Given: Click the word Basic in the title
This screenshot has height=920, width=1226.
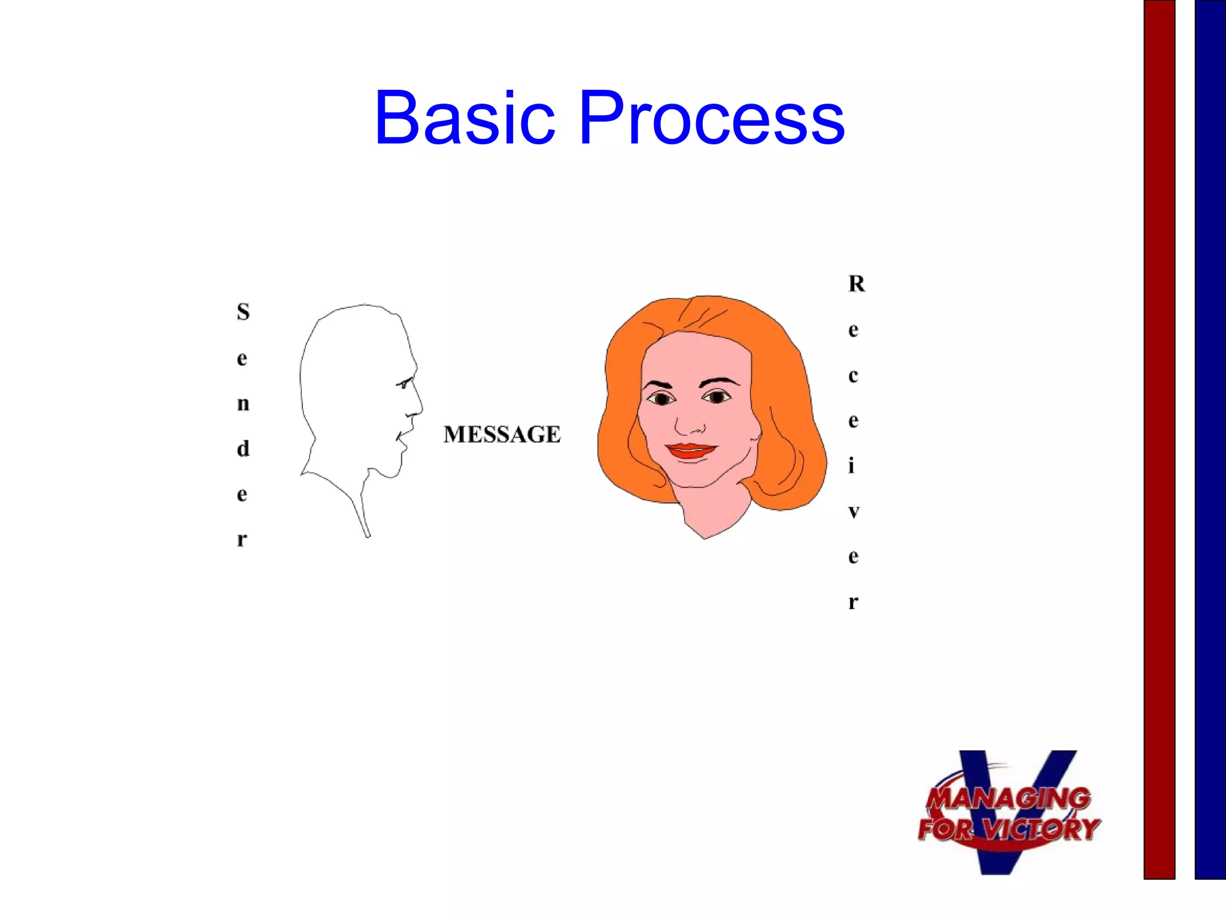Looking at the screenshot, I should (465, 119).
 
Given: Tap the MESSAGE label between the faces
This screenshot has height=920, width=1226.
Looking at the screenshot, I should (502, 434).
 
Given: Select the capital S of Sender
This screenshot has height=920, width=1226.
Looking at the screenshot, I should (243, 312).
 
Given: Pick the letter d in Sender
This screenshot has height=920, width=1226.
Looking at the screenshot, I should (243, 448).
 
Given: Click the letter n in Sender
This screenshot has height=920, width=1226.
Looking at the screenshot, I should (243, 404).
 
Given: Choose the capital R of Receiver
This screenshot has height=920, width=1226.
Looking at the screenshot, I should (856, 284).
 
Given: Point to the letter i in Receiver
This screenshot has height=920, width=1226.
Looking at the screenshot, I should (852, 465).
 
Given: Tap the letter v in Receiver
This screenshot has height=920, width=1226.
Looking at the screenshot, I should (854, 512).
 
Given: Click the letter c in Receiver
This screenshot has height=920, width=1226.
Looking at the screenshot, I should (853, 376).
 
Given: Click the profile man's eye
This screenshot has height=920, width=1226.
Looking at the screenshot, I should (404, 384).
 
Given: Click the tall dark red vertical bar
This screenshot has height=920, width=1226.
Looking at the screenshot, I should (1159, 437).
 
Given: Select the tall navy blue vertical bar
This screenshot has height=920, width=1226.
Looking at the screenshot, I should (1210, 437).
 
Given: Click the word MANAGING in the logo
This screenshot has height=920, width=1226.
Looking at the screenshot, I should (1009, 798).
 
